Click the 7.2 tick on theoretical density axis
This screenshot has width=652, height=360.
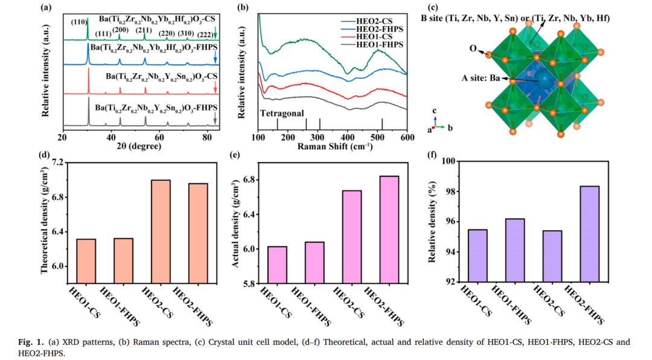coord(58,163)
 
